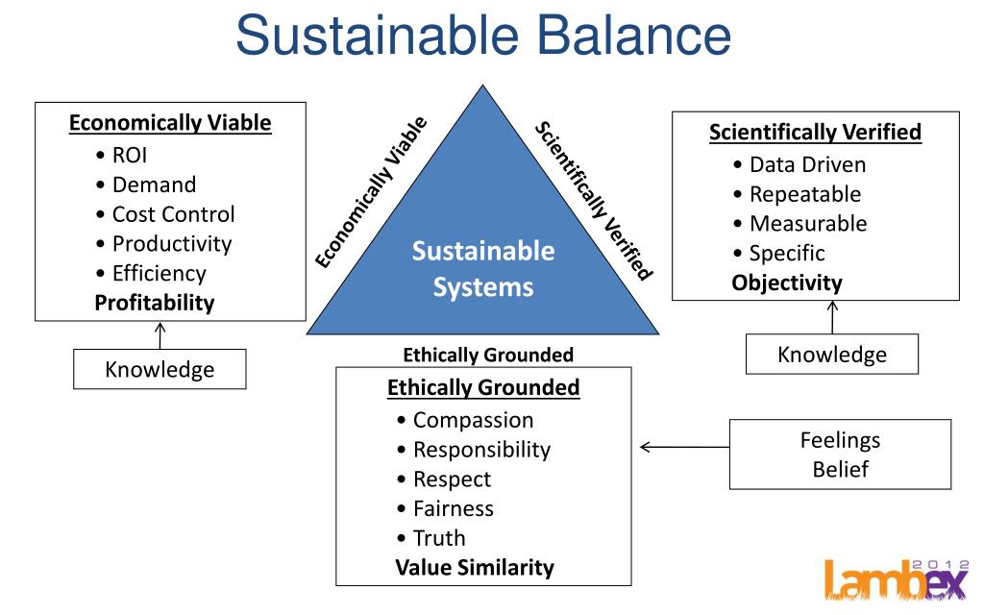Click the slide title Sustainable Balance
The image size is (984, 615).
[483, 35]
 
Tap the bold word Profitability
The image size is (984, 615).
[154, 303]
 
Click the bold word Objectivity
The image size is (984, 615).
[786, 283]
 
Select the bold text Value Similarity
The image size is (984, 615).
[474, 567]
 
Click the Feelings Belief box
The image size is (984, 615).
[840, 455]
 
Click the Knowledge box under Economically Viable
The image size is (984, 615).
[160, 369]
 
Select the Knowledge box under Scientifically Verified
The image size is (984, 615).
[832, 354]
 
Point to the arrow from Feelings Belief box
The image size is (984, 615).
[683, 447]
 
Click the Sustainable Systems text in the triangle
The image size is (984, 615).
[483, 269]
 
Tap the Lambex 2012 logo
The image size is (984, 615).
[899, 578]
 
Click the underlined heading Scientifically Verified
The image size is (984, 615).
[815, 133]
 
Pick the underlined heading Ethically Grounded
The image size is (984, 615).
[483, 388]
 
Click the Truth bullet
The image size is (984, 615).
[438, 538]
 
